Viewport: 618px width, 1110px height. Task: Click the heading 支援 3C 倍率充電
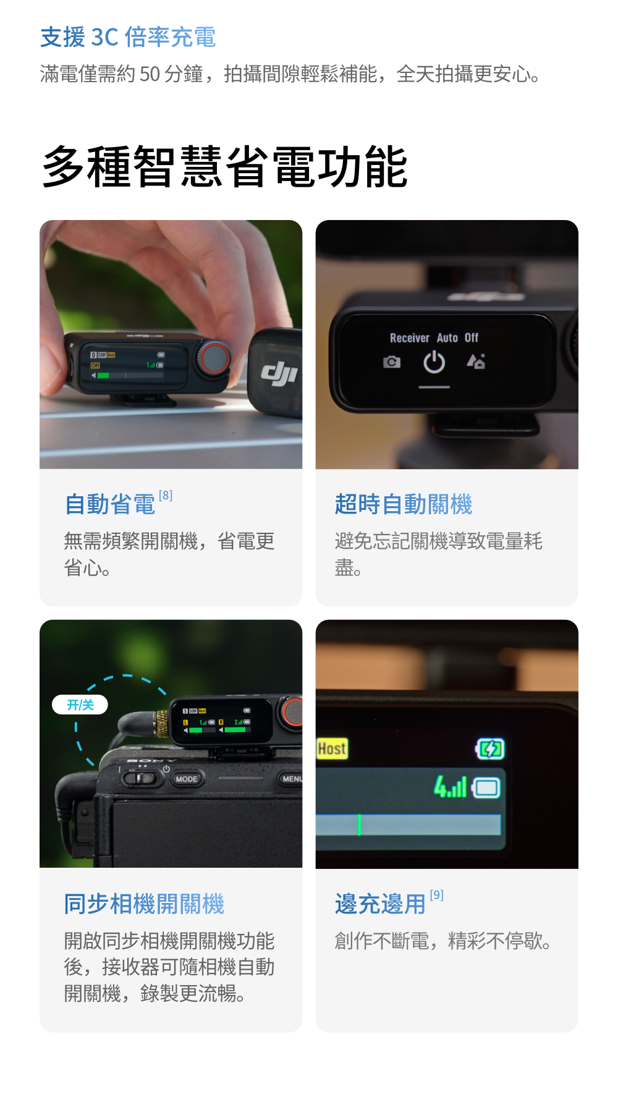[x=128, y=37]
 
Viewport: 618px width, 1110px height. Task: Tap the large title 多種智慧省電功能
[x=225, y=166]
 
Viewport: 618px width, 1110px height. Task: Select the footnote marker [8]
[x=166, y=496]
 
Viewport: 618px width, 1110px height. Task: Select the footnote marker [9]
[x=437, y=895]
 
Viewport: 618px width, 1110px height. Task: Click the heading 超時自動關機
[x=404, y=504]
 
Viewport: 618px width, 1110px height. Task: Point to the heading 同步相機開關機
[x=145, y=904]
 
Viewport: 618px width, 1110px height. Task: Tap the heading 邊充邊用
[x=381, y=904]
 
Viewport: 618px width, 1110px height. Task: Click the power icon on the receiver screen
[x=434, y=362]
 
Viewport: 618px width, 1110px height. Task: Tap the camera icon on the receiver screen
[x=392, y=362]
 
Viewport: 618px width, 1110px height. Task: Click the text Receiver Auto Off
[x=434, y=337]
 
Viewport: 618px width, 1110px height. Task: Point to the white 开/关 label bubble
[x=80, y=705]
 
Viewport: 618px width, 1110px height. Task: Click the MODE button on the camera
[x=187, y=779]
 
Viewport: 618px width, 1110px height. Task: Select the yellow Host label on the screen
[x=332, y=748]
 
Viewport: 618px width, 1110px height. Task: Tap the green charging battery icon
[x=490, y=749]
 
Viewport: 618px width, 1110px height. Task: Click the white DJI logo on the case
[x=279, y=373]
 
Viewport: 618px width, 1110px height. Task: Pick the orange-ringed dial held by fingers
[x=214, y=357]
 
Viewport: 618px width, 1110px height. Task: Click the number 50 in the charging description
[x=150, y=74]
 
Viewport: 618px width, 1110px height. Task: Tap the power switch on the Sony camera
[x=140, y=777]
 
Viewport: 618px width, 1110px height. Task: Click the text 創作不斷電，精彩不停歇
[x=442, y=941]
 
